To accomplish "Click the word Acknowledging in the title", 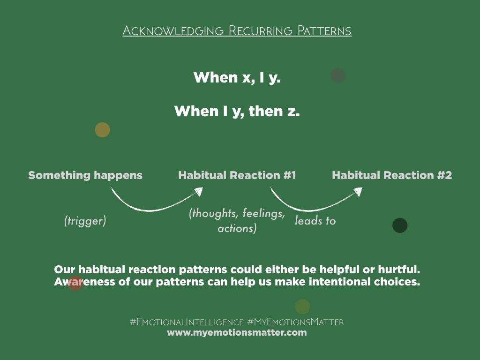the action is click(x=173, y=31).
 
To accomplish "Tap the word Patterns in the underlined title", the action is click(x=324, y=30).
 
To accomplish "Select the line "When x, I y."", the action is click(x=237, y=77).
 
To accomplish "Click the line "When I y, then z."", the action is click(x=237, y=111).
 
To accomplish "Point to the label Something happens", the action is click(x=85, y=175).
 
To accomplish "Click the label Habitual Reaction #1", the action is click(x=237, y=175).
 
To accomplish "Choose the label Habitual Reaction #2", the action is click(x=392, y=175).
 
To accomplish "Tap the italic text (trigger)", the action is click(x=85, y=221).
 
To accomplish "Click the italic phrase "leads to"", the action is click(x=315, y=220).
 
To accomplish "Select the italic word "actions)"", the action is click(x=237, y=228).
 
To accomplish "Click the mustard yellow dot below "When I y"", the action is click(x=103, y=130).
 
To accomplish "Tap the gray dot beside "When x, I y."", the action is click(x=338, y=75).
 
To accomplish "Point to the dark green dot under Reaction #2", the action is click(x=400, y=225).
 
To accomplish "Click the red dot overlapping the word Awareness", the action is click(x=75, y=283).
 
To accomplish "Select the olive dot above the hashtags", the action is click(x=302, y=307).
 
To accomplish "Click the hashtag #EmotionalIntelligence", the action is click(x=187, y=322).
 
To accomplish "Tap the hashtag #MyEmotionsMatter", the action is click(x=295, y=322).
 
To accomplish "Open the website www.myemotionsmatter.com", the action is click(x=237, y=333).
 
